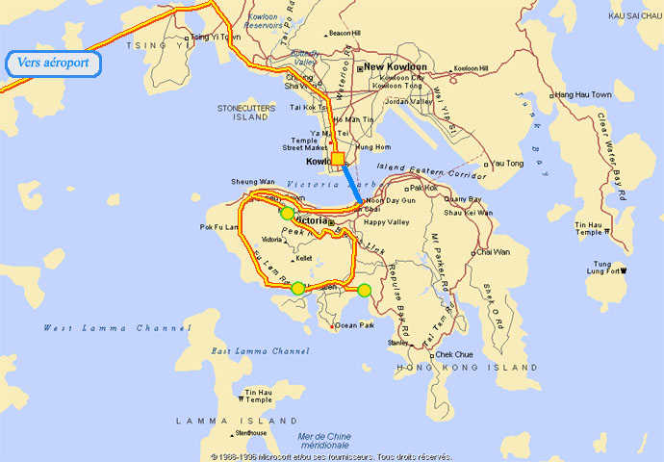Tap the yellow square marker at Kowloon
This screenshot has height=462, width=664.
(338, 160)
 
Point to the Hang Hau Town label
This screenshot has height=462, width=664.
(583, 95)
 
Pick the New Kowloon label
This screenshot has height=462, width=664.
(396, 67)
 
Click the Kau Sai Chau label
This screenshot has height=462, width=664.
(636, 15)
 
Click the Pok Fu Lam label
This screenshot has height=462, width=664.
(218, 227)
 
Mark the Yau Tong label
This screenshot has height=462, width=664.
(508, 164)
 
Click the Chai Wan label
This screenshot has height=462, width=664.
(494, 252)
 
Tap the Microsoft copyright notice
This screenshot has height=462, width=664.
(331, 456)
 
